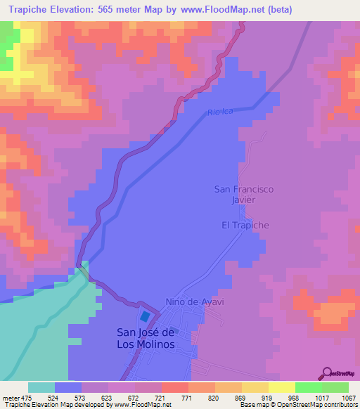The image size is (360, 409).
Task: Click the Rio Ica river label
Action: tap(219, 112)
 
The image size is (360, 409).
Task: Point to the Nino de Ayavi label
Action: tap(188, 301)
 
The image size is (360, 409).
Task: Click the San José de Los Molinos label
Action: tap(146, 338)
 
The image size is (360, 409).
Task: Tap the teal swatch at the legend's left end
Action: tap(41, 387)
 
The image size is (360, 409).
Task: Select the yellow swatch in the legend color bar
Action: tap(281, 387)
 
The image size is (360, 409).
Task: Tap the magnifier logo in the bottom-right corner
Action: tap(326, 373)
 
